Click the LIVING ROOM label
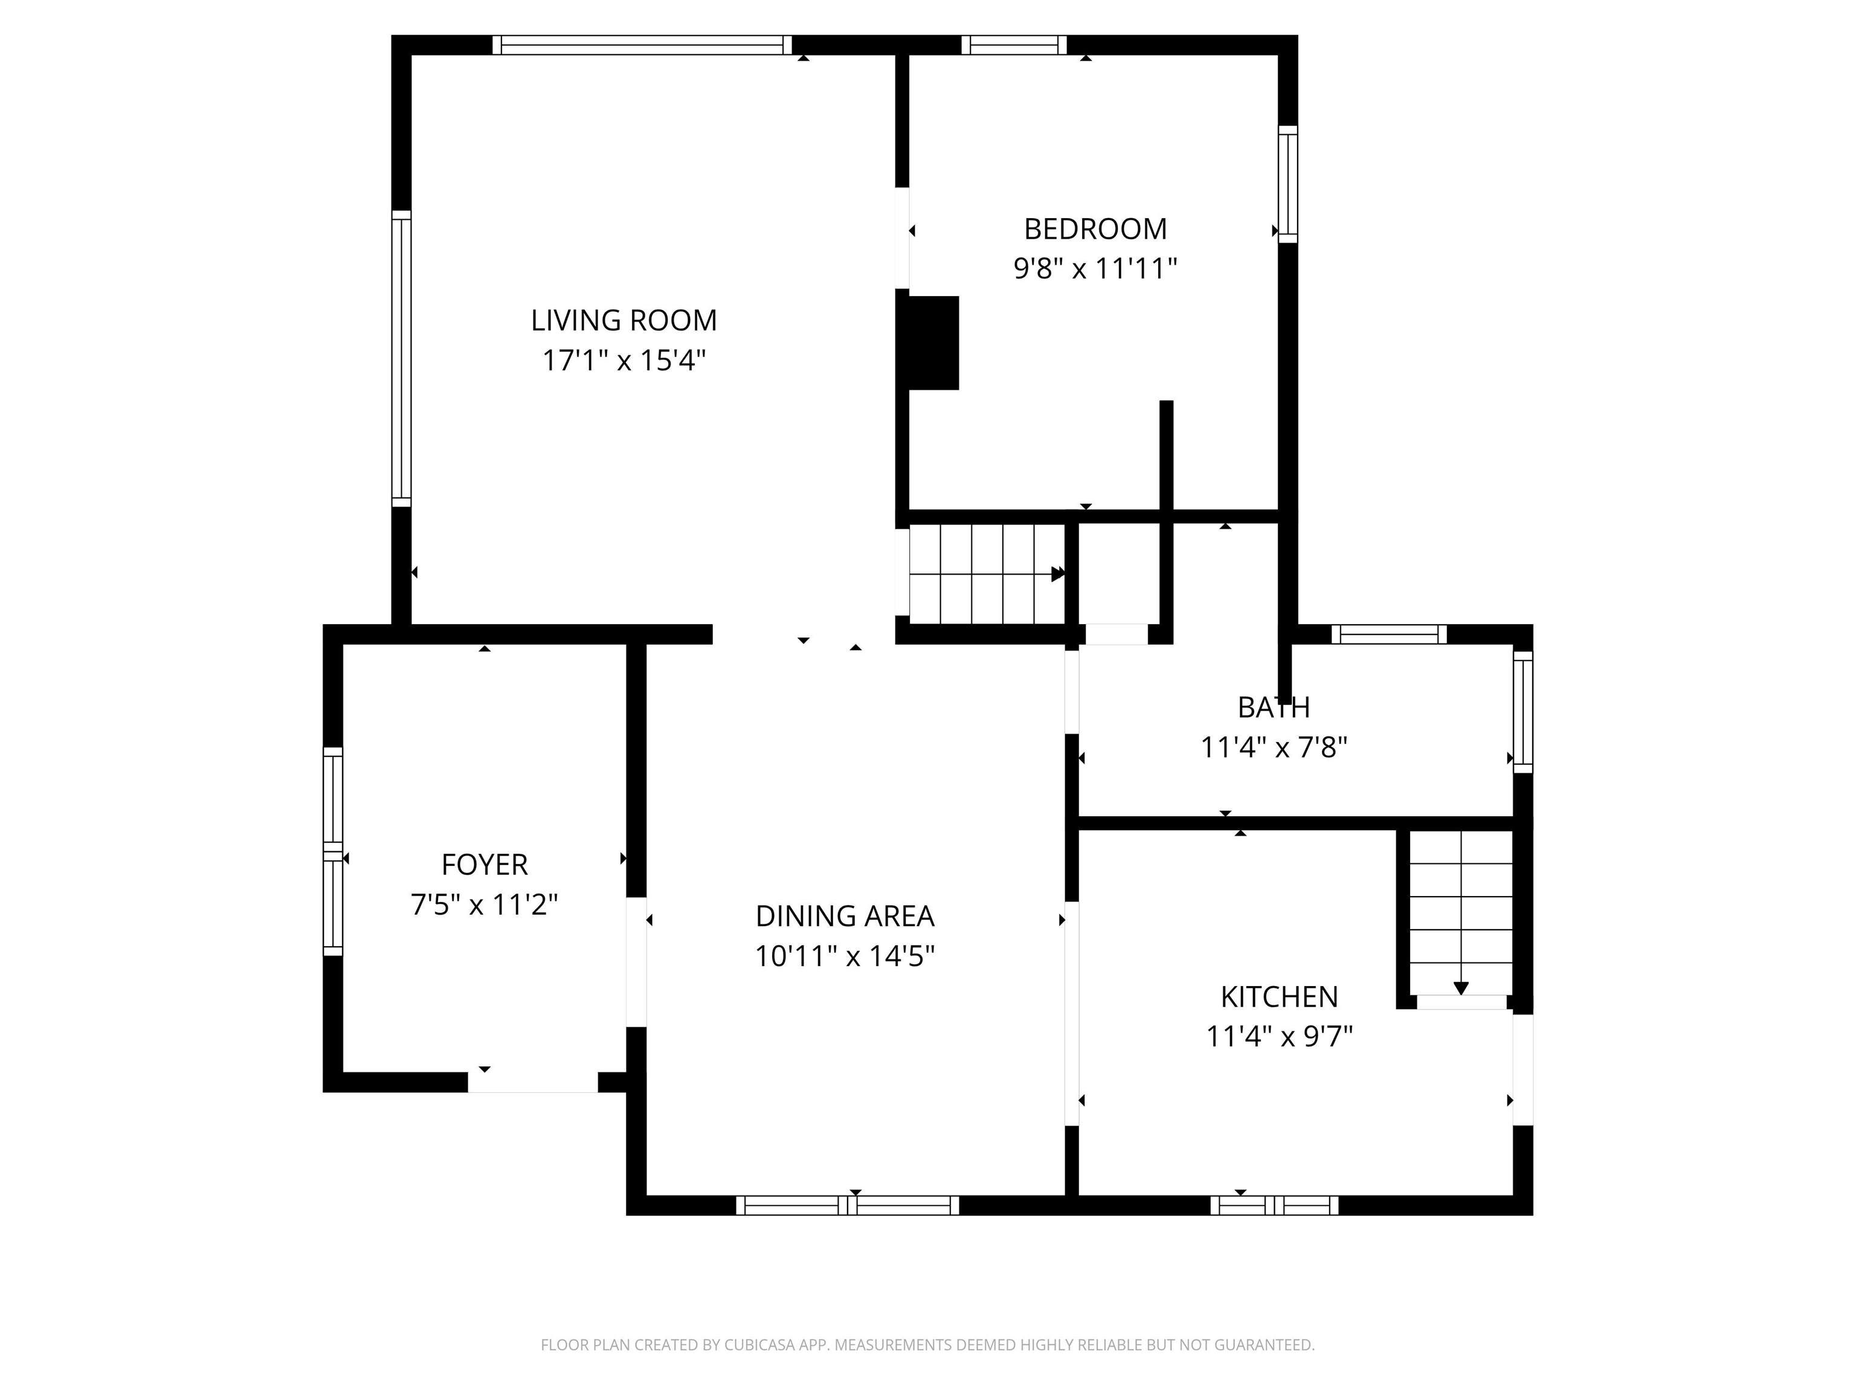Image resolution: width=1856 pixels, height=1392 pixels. click(x=623, y=321)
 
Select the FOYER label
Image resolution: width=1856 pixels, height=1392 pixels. click(x=484, y=864)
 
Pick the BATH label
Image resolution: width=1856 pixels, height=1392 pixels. click(x=1273, y=708)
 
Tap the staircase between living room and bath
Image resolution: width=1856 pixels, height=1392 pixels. click(x=987, y=575)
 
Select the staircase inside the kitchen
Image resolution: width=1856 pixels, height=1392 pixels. click(x=1461, y=912)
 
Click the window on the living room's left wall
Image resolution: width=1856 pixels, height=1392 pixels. click(x=402, y=358)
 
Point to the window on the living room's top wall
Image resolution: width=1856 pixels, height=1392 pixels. click(x=642, y=45)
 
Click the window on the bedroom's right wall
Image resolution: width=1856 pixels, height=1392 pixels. click(x=1288, y=185)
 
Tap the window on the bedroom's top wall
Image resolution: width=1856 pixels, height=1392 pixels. click(x=1014, y=45)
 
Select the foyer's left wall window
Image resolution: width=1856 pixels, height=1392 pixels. click(x=333, y=851)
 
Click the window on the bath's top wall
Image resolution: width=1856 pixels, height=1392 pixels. click(x=1390, y=634)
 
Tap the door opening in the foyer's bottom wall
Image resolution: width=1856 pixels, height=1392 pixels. click(x=533, y=1083)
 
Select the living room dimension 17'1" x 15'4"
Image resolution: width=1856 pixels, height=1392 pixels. click(x=623, y=361)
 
